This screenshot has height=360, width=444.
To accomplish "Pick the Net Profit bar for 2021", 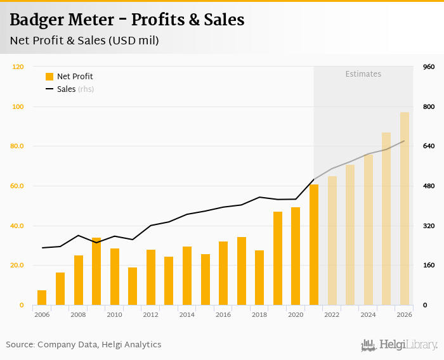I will tap(314, 245).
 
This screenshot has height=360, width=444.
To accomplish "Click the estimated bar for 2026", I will tap(405, 209).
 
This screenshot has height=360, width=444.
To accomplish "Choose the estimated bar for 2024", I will tap(369, 229).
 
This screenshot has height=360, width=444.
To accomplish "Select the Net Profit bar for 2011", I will tap(133, 286).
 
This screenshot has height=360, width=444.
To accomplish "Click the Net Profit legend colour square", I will tap(49, 77).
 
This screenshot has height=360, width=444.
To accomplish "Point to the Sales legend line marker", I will tap(49, 89).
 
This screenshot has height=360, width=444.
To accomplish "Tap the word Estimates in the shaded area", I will tap(363, 74).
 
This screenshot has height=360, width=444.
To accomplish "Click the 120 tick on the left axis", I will tap(18, 67).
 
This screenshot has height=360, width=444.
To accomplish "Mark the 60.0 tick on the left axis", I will tap(16, 186).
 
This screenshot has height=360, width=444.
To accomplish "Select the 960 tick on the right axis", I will tap(428, 67).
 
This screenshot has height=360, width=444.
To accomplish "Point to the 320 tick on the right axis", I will tap(428, 226).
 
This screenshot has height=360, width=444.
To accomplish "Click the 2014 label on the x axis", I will tap(187, 314).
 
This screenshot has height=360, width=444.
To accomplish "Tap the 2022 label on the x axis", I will tap(332, 314).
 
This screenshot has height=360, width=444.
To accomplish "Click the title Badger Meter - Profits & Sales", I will tap(127, 20).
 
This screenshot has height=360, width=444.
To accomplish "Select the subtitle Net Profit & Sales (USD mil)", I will tap(84, 41).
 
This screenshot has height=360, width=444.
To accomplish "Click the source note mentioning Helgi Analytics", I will tap(84, 345).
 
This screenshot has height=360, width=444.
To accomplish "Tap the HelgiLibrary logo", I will tap(399, 345).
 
